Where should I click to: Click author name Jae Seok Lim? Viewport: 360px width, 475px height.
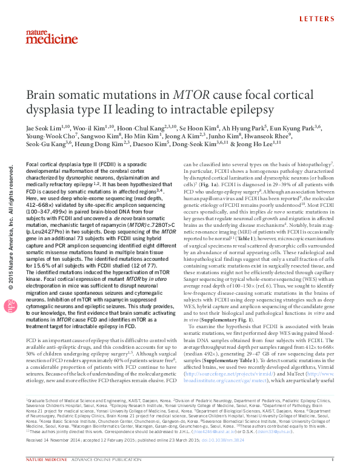pos(45,128)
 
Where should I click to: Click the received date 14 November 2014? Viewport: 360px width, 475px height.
pos(58,448)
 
